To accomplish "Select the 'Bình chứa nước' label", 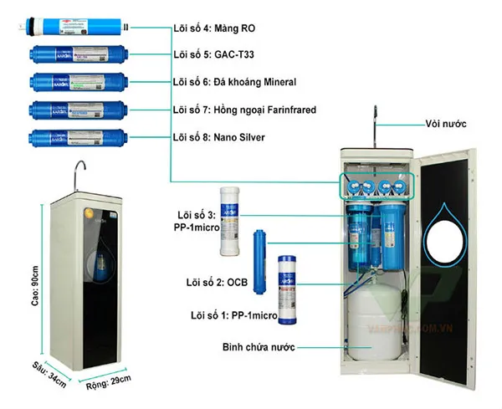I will pos(258,346).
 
